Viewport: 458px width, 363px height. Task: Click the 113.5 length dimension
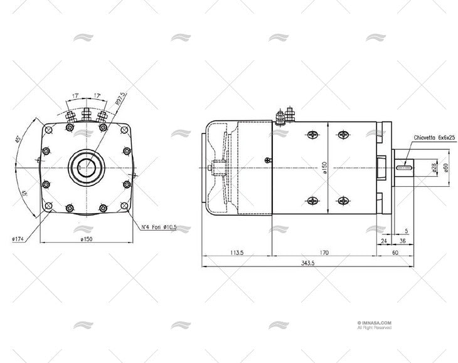[236, 253]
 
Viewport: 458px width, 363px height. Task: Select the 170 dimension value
[324, 253]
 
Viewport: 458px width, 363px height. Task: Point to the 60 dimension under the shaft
[394, 253]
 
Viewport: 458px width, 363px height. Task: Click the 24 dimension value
[383, 241]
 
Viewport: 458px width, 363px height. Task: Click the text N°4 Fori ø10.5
[157, 227]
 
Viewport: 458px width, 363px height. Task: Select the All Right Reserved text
[375, 327]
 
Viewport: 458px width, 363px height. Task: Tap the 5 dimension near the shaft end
[406, 231]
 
